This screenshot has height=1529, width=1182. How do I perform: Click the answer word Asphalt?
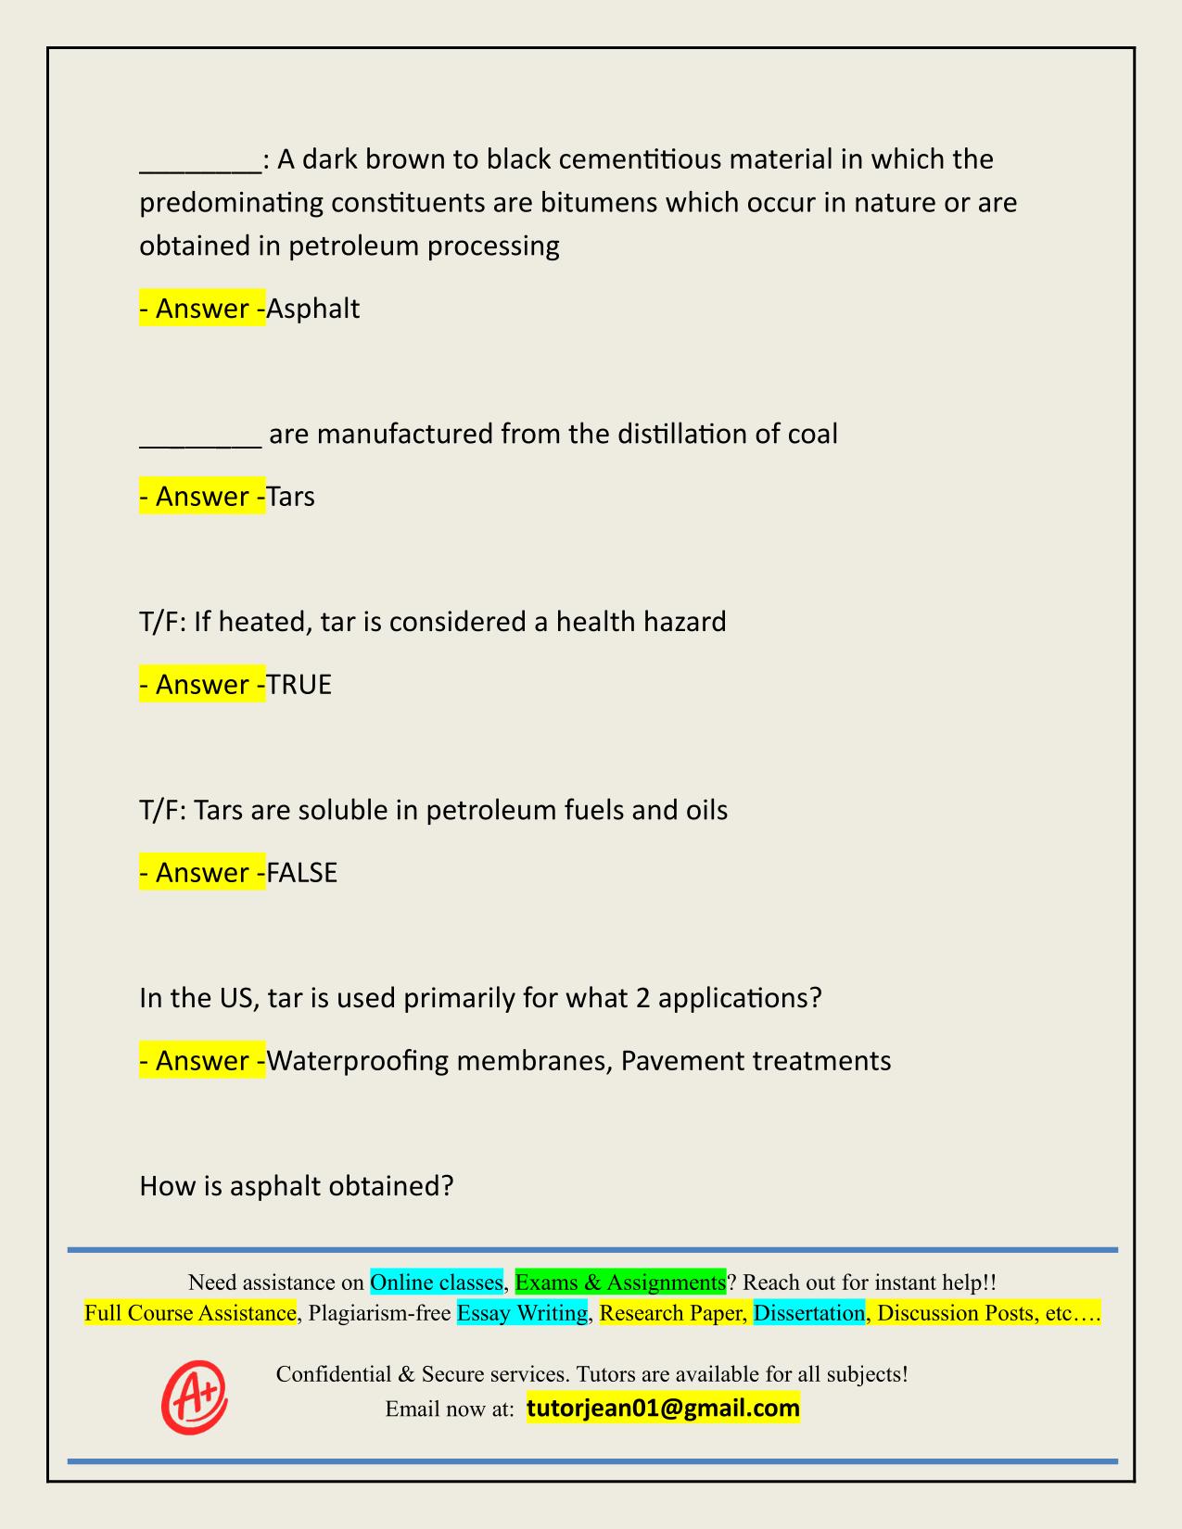click(x=313, y=309)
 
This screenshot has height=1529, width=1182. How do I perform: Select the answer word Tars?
click(x=291, y=497)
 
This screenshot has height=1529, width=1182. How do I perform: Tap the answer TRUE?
click(x=299, y=685)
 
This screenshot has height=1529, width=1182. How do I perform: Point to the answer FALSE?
click(x=302, y=873)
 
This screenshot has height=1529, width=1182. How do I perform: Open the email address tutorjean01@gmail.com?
click(x=663, y=1409)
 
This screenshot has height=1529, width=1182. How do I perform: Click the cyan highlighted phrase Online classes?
click(x=436, y=1283)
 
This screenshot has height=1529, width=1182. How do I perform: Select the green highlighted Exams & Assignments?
click(x=620, y=1283)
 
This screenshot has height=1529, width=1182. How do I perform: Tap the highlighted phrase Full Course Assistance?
click(x=190, y=1313)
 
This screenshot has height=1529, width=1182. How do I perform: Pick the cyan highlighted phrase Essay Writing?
click(x=522, y=1313)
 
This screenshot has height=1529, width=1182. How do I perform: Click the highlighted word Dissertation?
click(x=808, y=1313)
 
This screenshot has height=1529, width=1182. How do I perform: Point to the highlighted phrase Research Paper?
click(x=672, y=1313)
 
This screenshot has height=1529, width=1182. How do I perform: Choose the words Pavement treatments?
click(x=756, y=1060)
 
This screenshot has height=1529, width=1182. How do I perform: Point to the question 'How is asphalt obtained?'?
click(x=296, y=1185)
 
